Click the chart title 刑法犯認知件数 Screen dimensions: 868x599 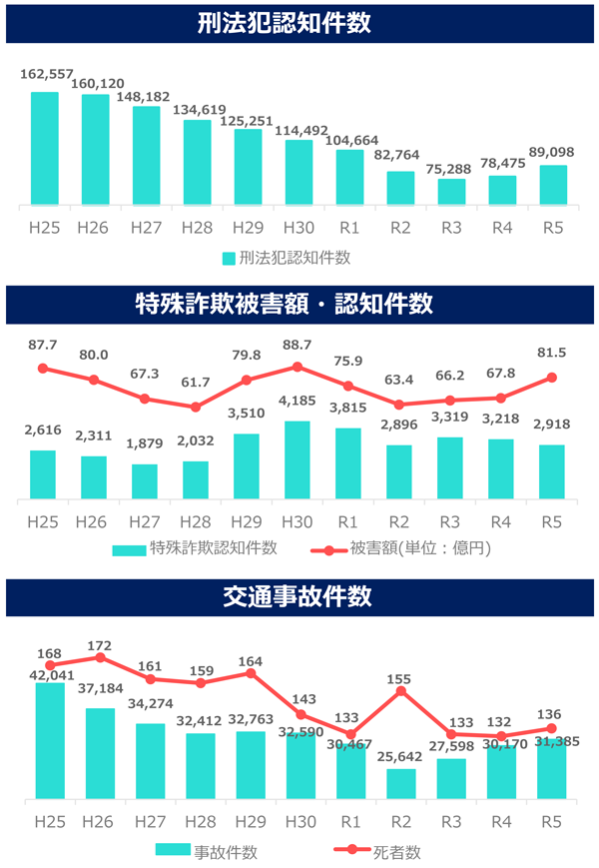tap(299, 23)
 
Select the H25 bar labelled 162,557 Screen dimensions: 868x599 tap(45, 149)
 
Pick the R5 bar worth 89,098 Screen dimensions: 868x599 tap(553, 186)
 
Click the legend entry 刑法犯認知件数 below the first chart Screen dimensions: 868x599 tap(288, 258)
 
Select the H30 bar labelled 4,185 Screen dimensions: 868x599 tap(299, 460)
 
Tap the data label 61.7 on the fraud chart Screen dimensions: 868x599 tap(196, 382)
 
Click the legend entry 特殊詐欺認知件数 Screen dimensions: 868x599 tap(195, 547)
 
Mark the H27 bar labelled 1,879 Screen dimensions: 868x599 tap(146, 481)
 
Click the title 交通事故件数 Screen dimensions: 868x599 tap(299, 596)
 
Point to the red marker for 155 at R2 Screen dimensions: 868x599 tap(401, 690)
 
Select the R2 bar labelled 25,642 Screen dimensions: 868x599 tap(401, 784)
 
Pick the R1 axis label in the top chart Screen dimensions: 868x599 tap(349, 228)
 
